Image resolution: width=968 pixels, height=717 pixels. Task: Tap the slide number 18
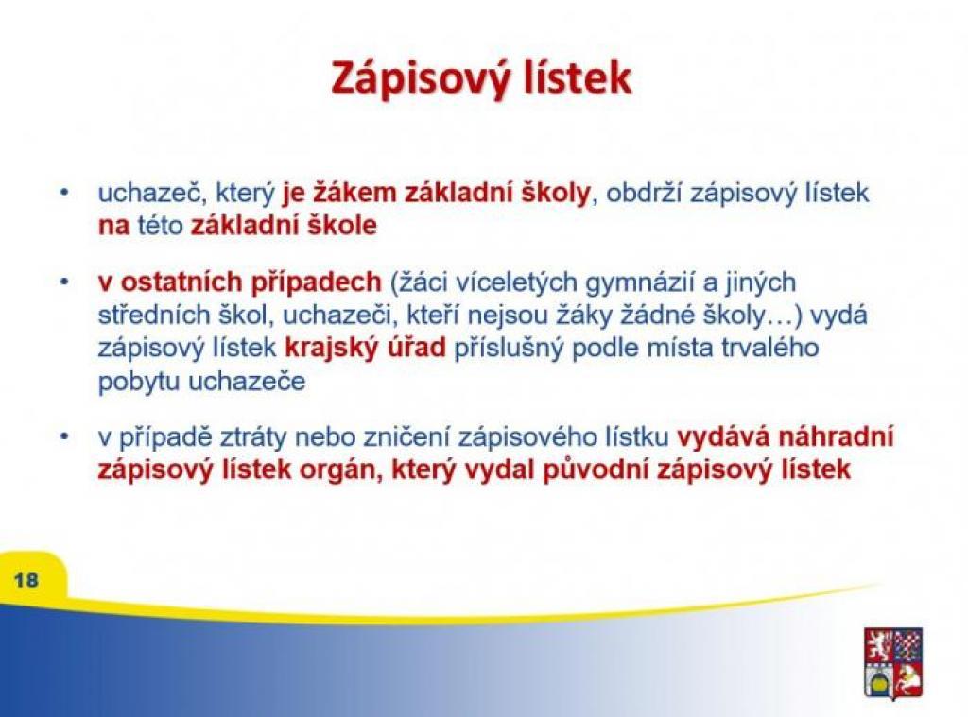click(26, 580)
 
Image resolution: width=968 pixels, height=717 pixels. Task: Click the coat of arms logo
click(893, 663)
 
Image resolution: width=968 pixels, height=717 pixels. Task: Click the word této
click(161, 225)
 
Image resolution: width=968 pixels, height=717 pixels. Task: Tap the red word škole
click(343, 225)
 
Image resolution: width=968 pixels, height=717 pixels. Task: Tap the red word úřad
click(416, 348)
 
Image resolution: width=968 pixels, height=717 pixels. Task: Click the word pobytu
click(139, 382)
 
